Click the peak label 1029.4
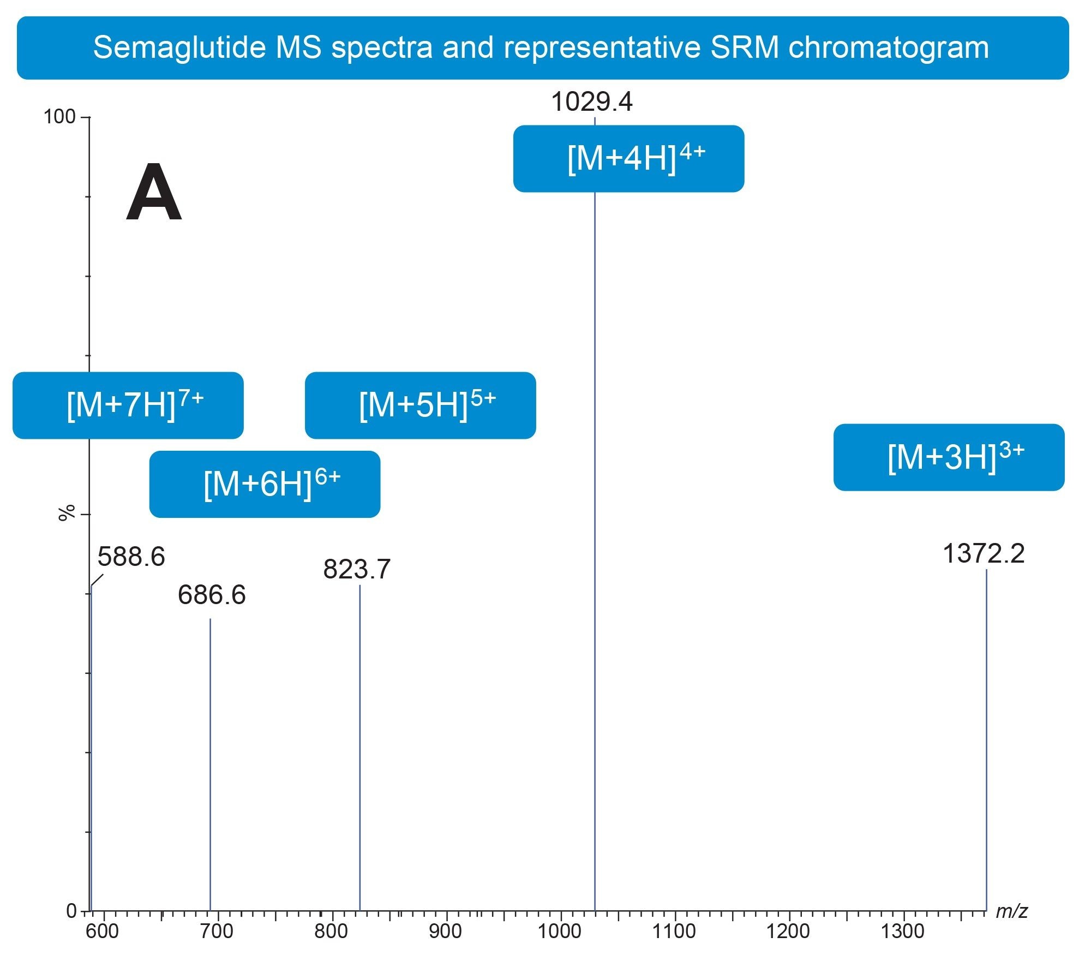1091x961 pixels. tap(592, 102)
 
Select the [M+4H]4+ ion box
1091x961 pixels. tap(628, 159)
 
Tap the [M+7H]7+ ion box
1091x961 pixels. tap(128, 405)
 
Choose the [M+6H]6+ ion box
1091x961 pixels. tap(265, 484)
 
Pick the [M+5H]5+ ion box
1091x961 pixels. tap(421, 405)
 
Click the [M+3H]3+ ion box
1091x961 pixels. tap(949, 457)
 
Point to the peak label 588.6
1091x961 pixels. tap(131, 557)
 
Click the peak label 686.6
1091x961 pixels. tap(212, 595)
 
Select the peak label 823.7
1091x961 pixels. tap(357, 570)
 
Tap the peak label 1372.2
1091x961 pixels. tap(984, 554)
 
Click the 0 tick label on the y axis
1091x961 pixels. tap(71, 911)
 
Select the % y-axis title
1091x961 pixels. tap(67, 513)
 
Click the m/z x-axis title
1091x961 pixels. tap(1011, 912)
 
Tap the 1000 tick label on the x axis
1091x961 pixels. tap(560, 932)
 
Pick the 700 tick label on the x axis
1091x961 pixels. tap(217, 932)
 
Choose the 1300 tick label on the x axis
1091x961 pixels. tap(903, 932)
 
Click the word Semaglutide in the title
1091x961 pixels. tap(179, 47)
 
